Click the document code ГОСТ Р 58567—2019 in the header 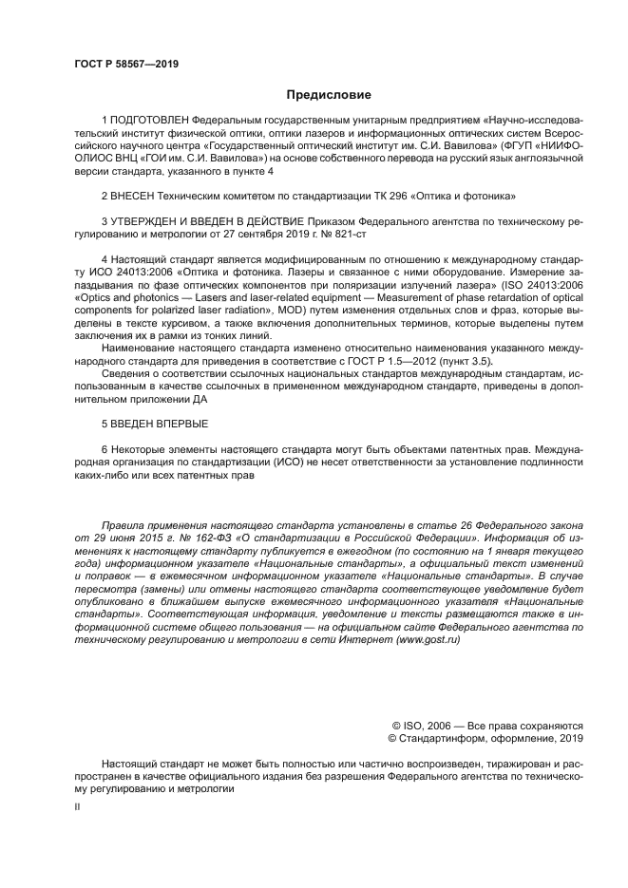pos(125,64)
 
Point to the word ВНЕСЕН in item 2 pos(134,196)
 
